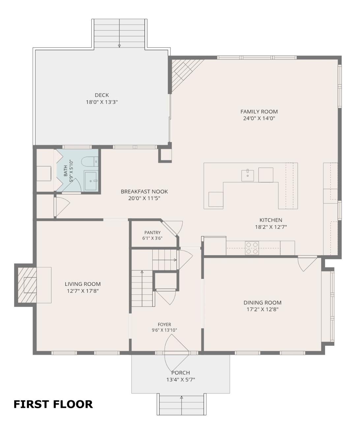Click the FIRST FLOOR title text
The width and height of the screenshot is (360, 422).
click(x=53, y=405)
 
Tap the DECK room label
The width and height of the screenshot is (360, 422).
click(x=102, y=95)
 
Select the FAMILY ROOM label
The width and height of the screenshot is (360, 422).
click(x=259, y=112)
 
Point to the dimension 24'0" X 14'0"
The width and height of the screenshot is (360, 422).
click(x=259, y=118)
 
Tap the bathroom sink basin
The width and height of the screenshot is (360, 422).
click(x=90, y=181)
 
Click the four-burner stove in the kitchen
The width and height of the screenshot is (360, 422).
click(x=252, y=248)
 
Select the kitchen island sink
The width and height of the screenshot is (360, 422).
click(x=248, y=176)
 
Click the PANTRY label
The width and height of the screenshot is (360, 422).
click(x=152, y=232)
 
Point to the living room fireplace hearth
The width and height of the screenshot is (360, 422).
click(x=27, y=285)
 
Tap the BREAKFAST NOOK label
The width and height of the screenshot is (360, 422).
click(x=144, y=192)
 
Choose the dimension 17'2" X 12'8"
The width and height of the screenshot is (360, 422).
click(x=262, y=309)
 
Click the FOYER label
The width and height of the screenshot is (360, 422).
click(x=165, y=324)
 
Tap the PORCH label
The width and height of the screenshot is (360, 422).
click(x=181, y=373)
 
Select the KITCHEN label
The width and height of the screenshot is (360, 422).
click(x=271, y=220)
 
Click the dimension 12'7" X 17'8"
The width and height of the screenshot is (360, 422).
click(x=83, y=291)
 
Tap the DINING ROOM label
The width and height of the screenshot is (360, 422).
click(x=262, y=303)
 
